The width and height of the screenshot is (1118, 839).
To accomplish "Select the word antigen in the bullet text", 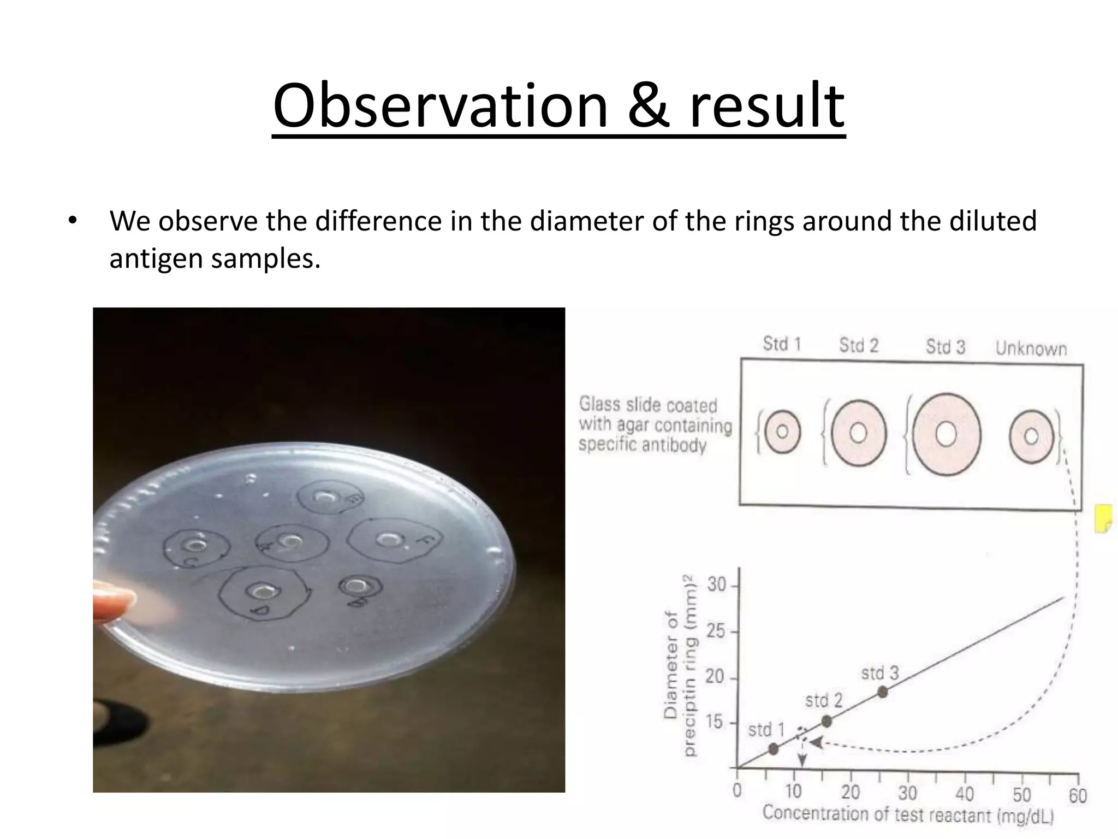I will (x=156, y=258).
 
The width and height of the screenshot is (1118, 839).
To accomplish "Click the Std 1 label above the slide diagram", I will (x=781, y=344).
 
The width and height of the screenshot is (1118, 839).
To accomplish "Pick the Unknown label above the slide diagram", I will (x=1031, y=348).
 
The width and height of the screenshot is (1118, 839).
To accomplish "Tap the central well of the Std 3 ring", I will (x=946, y=435).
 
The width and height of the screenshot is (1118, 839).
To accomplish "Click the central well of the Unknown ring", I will (x=1031, y=436).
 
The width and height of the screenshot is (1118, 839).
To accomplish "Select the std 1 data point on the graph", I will (x=773, y=748).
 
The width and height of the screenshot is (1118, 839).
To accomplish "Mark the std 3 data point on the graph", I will (x=882, y=692).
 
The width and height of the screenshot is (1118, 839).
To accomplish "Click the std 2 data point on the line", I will (x=826, y=721).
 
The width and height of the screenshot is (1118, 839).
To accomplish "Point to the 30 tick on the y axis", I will (x=717, y=586).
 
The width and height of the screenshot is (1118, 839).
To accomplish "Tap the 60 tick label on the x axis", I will (x=1078, y=795).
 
